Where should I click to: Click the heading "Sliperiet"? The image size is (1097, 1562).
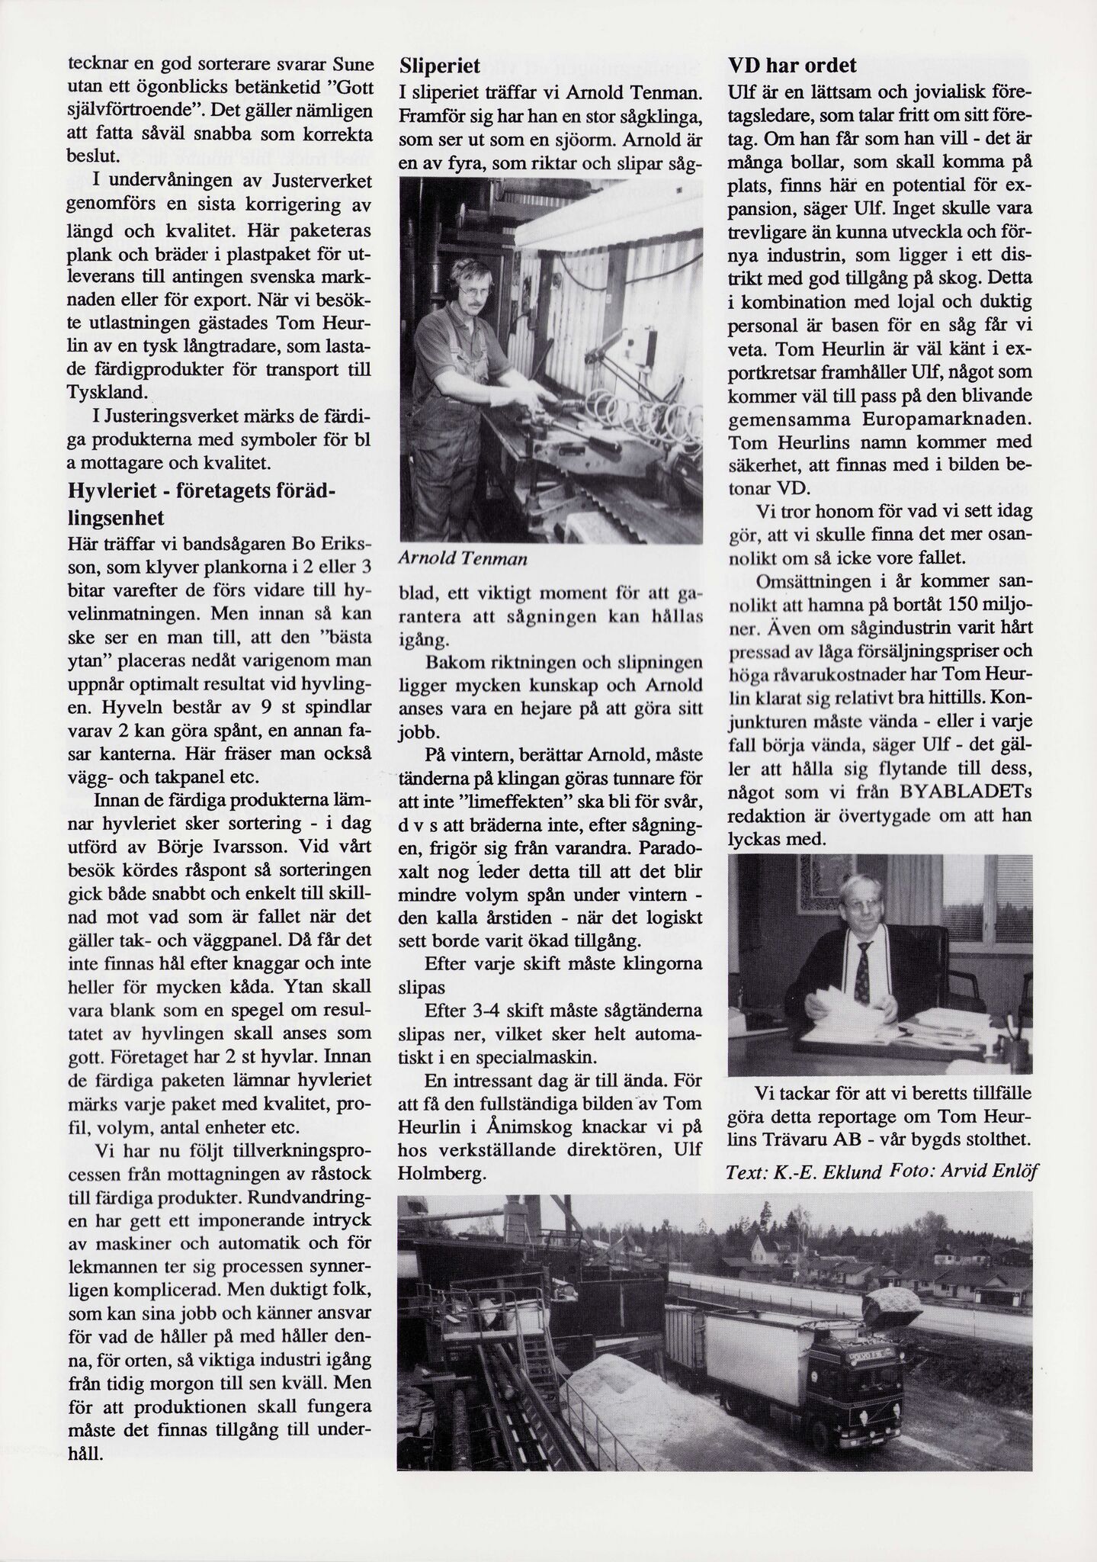pyautogui.click(x=440, y=66)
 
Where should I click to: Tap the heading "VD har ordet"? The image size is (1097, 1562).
pyautogui.click(x=792, y=66)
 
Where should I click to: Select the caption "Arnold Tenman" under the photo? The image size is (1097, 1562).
pyautogui.click(x=463, y=559)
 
